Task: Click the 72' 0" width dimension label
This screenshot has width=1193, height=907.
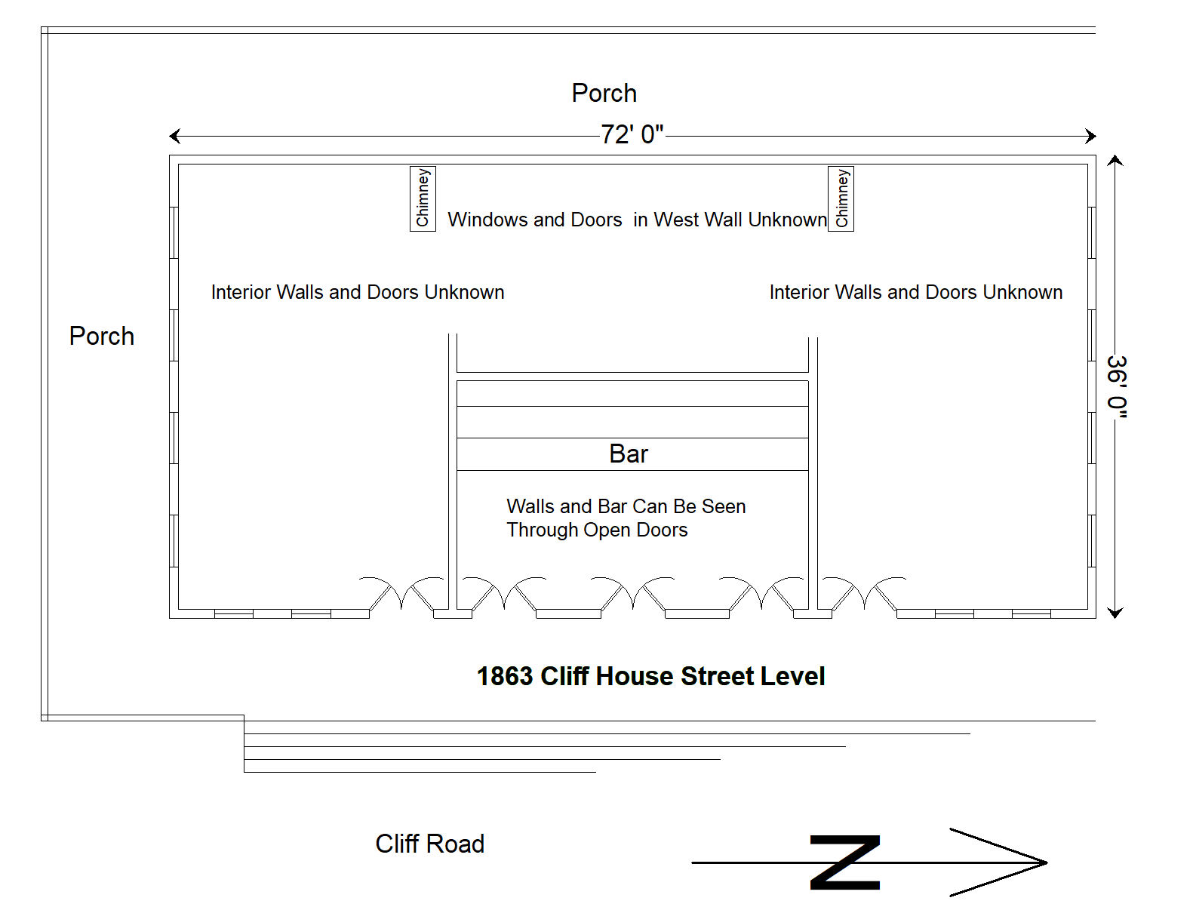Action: coord(632,134)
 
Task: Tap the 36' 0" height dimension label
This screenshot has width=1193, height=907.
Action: coord(1118,386)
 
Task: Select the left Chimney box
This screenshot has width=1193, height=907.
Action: coord(423,198)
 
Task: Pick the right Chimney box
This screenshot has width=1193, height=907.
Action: coord(841,198)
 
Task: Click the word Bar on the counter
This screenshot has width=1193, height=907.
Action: coord(629,453)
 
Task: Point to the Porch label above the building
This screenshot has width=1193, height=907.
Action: coord(604,93)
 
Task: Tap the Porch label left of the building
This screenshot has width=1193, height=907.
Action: coord(102,336)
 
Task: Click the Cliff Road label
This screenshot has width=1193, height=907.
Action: coord(429,844)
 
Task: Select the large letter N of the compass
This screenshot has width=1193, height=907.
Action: coord(844,862)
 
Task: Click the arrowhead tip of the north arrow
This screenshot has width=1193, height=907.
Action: coord(1047,862)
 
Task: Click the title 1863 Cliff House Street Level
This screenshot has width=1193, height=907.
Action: coord(650,676)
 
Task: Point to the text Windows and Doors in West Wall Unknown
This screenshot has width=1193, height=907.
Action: coord(637,220)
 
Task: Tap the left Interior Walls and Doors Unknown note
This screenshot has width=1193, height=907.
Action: coord(358,292)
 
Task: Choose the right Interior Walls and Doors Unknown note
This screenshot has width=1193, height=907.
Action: coord(916,292)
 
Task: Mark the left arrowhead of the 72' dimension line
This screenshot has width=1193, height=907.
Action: coord(170,136)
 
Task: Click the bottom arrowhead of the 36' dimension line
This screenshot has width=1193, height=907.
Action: coord(1115,617)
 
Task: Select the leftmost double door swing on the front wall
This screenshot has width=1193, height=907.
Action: coord(401,593)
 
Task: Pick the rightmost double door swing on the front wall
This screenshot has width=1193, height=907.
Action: coord(864,593)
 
